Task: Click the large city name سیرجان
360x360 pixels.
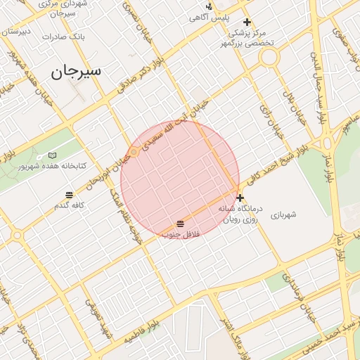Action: point(77,71)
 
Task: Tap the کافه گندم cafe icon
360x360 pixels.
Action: point(69,195)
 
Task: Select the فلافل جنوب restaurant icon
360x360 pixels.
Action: point(181,223)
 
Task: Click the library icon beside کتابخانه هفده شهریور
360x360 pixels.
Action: point(52,155)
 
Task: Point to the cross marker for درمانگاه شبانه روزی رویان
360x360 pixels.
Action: point(240,198)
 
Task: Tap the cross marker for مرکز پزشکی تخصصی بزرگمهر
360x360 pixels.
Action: point(247,22)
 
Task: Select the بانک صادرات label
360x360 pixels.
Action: point(63,36)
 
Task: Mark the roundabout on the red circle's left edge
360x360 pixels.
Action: point(133,152)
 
